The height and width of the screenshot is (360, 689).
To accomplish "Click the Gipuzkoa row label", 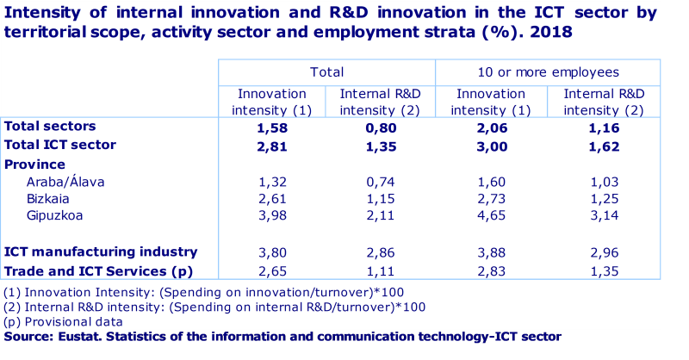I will (x=56, y=215).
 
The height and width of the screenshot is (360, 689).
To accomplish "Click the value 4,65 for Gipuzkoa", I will (x=488, y=215).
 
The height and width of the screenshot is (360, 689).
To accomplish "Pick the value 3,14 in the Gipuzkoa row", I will (x=602, y=215).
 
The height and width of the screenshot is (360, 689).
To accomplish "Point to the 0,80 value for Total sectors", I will (x=380, y=127).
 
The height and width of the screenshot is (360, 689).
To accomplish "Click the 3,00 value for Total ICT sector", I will (x=488, y=146).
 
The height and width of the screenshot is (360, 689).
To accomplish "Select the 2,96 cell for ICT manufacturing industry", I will (x=602, y=252).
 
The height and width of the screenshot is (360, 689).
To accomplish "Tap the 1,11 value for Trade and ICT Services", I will (x=380, y=270).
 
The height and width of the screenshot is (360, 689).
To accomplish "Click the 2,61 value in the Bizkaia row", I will (x=271, y=198).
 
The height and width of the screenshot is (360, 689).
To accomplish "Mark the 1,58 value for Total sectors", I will (x=271, y=127).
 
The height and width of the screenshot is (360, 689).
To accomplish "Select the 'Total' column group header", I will (x=326, y=72).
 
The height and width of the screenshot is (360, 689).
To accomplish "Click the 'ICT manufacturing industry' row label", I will (x=101, y=252).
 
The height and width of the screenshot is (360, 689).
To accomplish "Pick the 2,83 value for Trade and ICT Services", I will (x=488, y=270).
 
